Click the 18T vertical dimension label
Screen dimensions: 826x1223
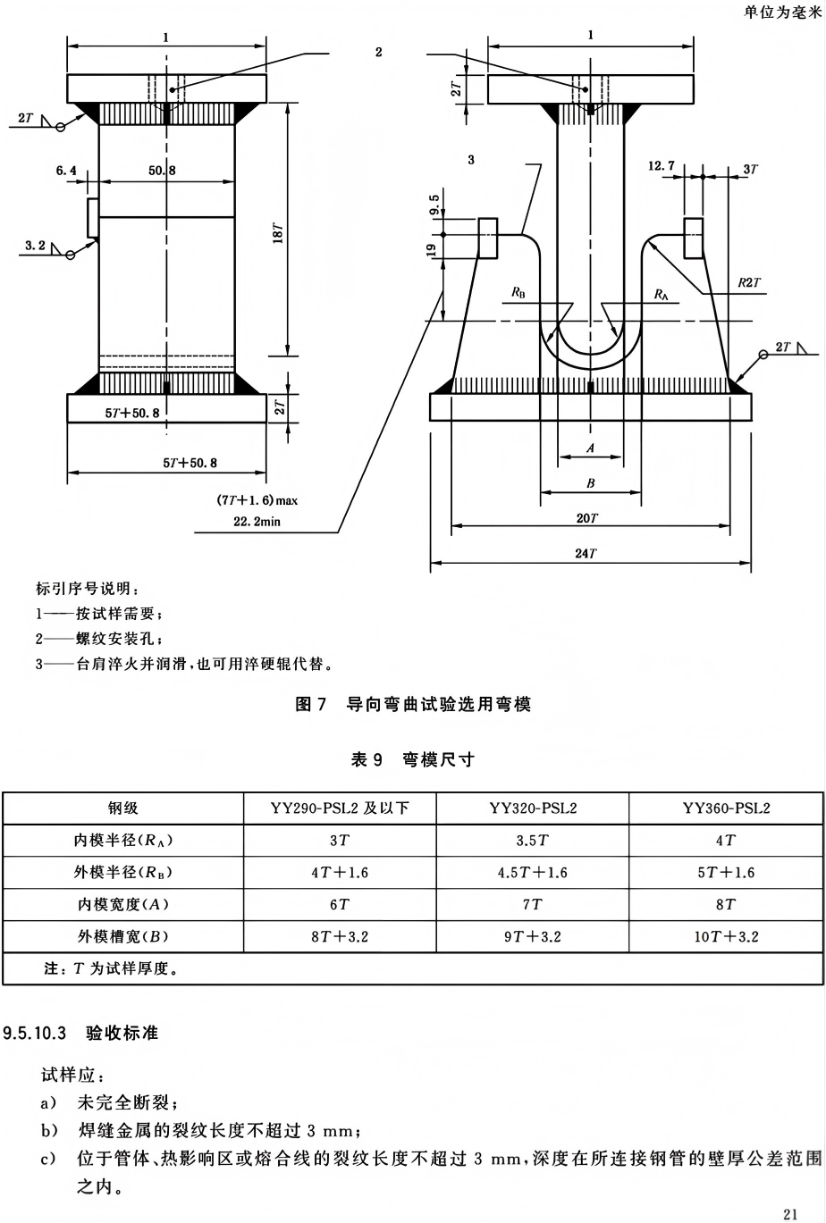(278, 232)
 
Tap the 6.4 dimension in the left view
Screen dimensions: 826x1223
(66, 171)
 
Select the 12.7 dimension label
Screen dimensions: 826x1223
(661, 165)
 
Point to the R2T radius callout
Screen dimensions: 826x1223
(749, 282)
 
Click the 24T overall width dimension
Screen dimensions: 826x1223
(586, 553)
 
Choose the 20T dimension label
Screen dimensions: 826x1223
(587, 517)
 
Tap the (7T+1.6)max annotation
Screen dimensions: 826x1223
(257, 500)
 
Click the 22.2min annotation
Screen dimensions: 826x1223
(257, 522)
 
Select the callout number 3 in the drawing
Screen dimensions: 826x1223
(471, 160)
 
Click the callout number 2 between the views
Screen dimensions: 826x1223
(379, 53)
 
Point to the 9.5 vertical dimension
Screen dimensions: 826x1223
(434, 205)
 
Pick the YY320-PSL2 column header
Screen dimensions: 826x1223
(533, 808)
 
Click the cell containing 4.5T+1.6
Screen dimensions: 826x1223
(533, 873)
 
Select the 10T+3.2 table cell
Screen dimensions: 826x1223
(726, 937)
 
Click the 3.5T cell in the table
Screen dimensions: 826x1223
(533, 841)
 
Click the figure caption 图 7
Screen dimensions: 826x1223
(310, 704)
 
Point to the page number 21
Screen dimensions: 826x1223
(790, 1214)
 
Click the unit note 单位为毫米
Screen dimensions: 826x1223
(782, 12)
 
